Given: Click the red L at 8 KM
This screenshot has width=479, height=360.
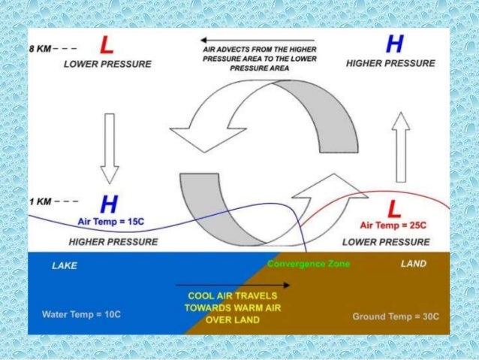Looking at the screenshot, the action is [x=107, y=46].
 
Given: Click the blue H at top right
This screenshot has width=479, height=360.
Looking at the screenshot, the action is [x=392, y=45].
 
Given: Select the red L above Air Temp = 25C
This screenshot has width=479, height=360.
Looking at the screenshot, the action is [x=391, y=207].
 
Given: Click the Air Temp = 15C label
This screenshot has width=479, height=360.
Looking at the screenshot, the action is [x=112, y=222].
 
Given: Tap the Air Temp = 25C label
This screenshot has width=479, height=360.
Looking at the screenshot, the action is [x=393, y=225].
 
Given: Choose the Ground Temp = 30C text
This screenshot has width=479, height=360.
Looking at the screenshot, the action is [x=396, y=316].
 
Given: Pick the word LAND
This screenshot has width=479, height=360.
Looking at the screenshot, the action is [x=414, y=264].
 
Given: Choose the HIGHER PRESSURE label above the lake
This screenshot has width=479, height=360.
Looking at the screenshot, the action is [x=113, y=242].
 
